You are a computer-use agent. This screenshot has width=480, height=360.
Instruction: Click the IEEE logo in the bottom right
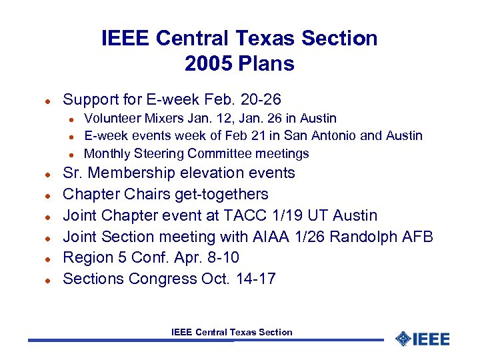click(423, 339)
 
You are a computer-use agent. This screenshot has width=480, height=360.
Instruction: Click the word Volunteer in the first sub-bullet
click(111, 118)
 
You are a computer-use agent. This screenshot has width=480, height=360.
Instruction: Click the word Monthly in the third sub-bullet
click(107, 153)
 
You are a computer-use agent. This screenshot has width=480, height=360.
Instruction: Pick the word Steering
click(159, 153)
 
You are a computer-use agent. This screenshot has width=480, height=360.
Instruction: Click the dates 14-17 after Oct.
click(255, 279)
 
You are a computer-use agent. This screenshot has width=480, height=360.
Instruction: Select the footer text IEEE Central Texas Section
click(232, 332)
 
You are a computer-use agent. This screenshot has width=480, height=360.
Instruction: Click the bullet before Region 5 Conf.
click(48, 258)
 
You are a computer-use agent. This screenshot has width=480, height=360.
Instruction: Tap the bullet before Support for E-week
click(48, 100)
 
